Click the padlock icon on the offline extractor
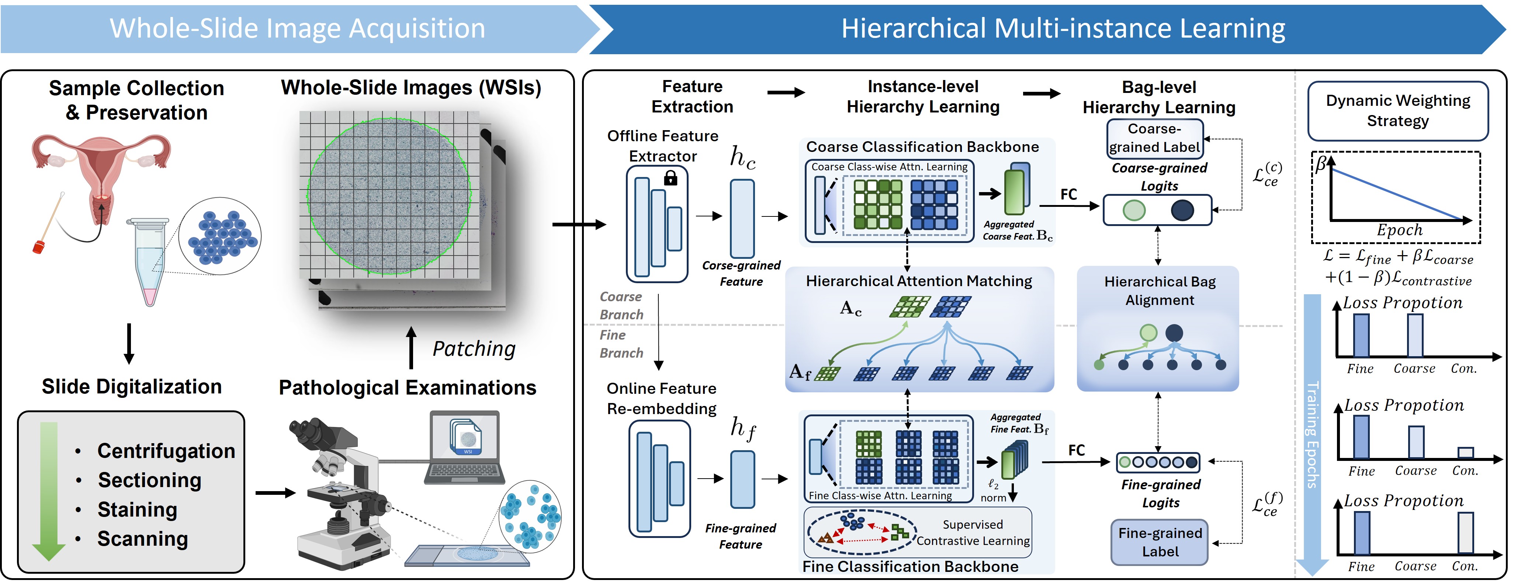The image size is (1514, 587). [x=670, y=178]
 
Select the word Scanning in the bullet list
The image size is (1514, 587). [x=142, y=539]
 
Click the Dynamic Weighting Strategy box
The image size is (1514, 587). [x=1397, y=111]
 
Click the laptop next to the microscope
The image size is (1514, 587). [x=464, y=448]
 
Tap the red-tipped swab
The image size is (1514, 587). [x=40, y=245]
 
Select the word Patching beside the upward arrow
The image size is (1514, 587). [x=474, y=349]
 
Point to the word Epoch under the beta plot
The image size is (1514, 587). [x=1399, y=230]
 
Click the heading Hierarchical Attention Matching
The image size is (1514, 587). [x=919, y=281]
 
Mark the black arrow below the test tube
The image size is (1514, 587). [x=129, y=343]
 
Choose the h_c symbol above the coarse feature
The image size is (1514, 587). [x=742, y=157]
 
